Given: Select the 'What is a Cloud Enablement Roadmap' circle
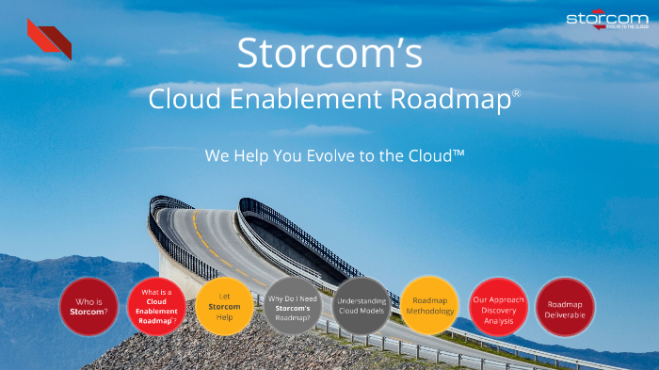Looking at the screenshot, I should (x=157, y=306).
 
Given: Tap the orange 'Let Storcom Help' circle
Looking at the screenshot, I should (x=224, y=306).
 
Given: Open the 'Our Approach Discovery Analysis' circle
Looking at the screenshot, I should (x=497, y=306).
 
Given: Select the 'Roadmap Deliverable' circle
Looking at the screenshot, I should (x=566, y=306).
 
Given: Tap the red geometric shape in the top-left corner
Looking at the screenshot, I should (x=50, y=39).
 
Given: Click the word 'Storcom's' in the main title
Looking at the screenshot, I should (x=329, y=54).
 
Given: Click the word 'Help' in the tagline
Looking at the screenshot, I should (x=245, y=155).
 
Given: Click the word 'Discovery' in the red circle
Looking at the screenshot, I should (x=497, y=311).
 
